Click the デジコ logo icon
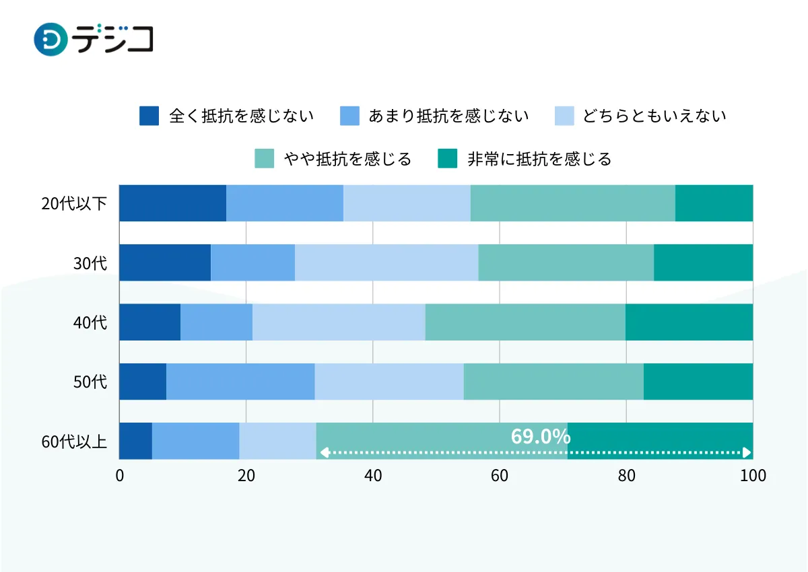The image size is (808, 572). [50, 40]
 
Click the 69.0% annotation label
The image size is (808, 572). [541, 437]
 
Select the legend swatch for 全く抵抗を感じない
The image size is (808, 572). [149, 116]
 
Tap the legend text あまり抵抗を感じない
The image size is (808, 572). [448, 116]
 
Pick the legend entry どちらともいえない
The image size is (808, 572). [654, 116]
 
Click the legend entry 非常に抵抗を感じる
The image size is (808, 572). [539, 159]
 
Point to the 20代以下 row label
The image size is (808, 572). [74, 203]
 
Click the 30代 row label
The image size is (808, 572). [90, 263]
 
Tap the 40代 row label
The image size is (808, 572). [90, 322]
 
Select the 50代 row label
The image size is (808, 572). [90, 382]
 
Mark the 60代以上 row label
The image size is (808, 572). [74, 441]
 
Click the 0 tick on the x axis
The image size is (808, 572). [120, 476]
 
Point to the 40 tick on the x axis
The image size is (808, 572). [373, 476]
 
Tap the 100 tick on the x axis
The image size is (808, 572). [753, 476]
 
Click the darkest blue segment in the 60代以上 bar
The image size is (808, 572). [135, 441]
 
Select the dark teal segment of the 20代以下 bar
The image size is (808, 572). [714, 203]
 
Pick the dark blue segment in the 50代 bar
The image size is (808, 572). [143, 382]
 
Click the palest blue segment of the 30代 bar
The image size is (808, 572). [386, 262]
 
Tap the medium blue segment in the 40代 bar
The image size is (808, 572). [216, 322]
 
